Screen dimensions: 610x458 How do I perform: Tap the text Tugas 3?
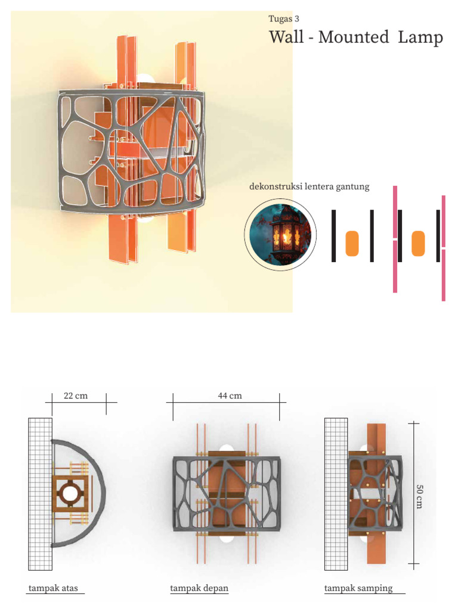point(284,18)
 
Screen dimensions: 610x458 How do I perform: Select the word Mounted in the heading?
point(353,38)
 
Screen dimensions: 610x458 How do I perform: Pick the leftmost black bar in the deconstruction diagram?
point(334,236)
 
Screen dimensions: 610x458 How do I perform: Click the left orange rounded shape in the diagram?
point(352,244)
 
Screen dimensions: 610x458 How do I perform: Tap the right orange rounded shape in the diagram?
point(418,244)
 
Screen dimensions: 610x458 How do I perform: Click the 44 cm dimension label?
point(230,396)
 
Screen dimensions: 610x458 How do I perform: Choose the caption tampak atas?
point(52,589)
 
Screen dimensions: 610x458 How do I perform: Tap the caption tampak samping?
point(358,589)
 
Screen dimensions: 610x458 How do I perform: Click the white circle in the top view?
point(70,493)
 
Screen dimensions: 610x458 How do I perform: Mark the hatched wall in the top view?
point(39,493)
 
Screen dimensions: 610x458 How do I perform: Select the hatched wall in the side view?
point(336,493)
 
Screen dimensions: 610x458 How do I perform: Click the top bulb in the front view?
point(227,449)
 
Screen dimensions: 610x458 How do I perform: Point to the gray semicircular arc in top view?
point(102,493)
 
